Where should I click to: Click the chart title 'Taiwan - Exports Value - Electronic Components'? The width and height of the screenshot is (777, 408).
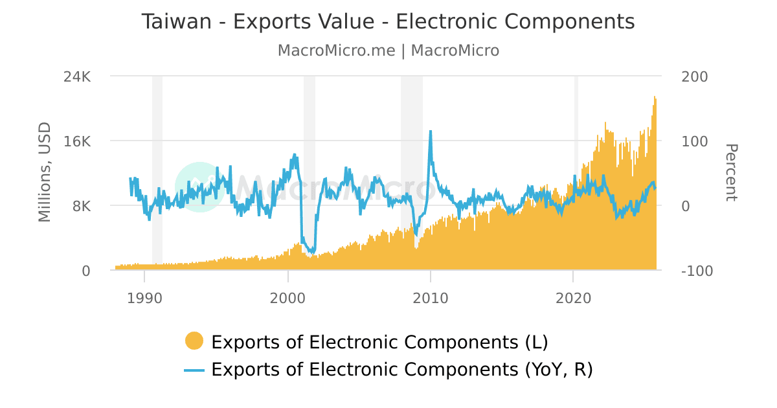(388, 22)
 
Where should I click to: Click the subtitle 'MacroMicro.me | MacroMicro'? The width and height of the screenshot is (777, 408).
(388, 51)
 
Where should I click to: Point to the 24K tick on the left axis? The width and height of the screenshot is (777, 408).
(77, 76)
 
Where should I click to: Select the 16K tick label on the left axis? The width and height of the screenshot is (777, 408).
(77, 141)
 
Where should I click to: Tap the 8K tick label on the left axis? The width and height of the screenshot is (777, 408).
(82, 206)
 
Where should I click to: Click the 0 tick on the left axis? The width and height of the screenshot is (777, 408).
(86, 271)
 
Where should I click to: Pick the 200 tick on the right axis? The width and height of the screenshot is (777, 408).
(695, 76)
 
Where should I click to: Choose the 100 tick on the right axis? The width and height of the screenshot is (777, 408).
(695, 141)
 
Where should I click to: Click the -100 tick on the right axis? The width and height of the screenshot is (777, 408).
(697, 271)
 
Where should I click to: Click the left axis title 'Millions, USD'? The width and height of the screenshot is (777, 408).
(44, 172)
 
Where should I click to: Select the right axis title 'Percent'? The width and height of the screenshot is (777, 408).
(730, 172)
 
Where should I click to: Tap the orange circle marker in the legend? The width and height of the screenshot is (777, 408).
(194, 341)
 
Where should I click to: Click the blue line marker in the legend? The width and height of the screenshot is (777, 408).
(194, 370)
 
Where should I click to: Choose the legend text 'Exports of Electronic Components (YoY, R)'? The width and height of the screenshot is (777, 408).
(402, 370)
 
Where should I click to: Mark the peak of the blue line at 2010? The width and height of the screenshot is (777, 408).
(431, 131)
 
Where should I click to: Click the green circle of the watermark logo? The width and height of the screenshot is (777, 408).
(199, 187)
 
